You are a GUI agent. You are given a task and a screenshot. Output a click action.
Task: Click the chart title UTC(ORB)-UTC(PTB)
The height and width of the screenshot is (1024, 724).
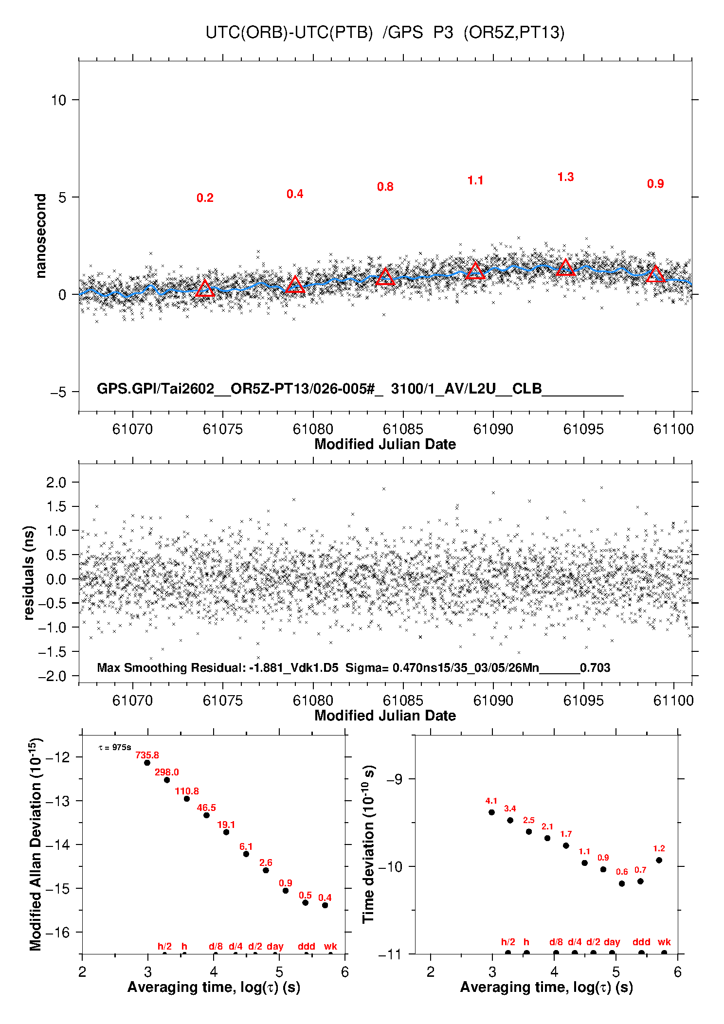(289, 33)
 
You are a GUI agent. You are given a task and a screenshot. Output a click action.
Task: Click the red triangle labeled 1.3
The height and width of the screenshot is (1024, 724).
(565, 268)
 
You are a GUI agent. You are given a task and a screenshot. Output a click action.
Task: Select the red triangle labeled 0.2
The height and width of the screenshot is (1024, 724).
(205, 288)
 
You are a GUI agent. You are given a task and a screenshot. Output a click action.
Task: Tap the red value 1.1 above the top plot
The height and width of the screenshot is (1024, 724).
(475, 180)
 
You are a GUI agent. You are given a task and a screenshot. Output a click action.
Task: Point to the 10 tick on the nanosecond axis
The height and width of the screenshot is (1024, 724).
(58, 100)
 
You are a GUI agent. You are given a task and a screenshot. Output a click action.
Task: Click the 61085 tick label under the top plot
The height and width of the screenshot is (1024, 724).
(403, 429)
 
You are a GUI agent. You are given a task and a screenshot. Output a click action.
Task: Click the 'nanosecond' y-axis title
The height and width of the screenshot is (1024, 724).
(40, 236)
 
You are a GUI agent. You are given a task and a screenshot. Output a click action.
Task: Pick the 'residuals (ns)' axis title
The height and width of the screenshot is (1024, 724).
(29, 573)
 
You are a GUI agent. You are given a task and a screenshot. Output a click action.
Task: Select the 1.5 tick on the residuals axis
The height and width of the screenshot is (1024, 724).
(56, 506)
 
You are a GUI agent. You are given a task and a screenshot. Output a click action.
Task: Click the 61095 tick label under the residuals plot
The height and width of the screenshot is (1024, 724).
(583, 701)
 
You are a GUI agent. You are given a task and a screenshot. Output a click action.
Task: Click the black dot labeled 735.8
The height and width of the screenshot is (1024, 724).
(147, 763)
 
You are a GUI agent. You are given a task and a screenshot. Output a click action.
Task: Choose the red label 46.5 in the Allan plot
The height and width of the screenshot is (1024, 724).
(206, 808)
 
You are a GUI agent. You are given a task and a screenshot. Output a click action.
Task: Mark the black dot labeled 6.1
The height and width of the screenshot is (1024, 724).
(246, 854)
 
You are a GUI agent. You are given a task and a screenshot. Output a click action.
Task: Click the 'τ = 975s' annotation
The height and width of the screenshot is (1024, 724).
(115, 747)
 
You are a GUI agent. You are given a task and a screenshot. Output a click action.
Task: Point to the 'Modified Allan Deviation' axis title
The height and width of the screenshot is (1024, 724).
(36, 844)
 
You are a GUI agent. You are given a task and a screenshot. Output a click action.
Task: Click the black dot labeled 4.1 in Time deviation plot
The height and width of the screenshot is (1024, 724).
(491, 812)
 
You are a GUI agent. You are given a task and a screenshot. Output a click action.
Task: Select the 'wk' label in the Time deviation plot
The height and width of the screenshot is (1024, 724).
(664, 942)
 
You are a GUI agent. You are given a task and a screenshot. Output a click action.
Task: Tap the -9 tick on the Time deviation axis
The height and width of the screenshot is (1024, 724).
(394, 779)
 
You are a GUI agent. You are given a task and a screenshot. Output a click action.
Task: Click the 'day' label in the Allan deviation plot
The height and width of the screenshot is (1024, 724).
(275, 946)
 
